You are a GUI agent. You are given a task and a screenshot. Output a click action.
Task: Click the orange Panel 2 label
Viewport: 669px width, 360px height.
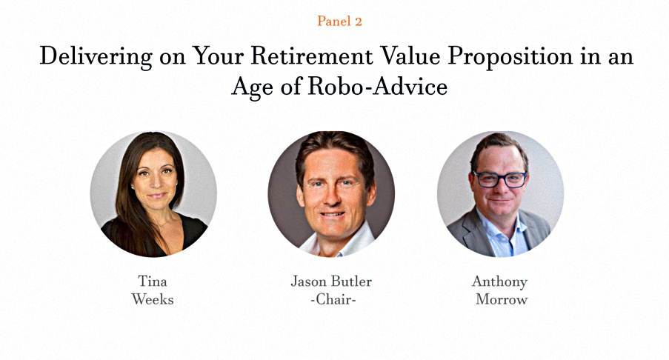339,21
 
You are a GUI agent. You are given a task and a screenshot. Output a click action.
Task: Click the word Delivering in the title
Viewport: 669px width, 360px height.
96,57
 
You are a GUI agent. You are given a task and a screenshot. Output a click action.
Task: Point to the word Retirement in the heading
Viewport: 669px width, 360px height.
311,56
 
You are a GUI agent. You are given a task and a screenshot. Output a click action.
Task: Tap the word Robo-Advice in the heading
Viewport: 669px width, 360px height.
377,87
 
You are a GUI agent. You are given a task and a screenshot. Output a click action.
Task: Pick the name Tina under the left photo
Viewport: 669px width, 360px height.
153,281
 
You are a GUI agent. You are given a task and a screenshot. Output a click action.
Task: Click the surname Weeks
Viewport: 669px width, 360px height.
153,299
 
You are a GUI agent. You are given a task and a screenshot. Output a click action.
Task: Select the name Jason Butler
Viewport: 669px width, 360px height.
331,281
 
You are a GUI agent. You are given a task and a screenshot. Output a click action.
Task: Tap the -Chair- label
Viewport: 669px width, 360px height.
333,299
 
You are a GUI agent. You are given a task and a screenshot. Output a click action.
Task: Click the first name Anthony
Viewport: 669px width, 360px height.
499,282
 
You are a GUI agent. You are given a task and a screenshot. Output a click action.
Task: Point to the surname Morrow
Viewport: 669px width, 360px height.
502,299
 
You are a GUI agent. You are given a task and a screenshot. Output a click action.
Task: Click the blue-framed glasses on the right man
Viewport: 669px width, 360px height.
500,179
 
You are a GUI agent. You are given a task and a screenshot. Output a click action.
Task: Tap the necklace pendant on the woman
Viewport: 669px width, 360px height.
162,227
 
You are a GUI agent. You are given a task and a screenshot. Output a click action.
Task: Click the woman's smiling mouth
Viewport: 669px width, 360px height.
157,196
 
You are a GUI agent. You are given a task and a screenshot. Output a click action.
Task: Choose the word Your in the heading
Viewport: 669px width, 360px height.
218,56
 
